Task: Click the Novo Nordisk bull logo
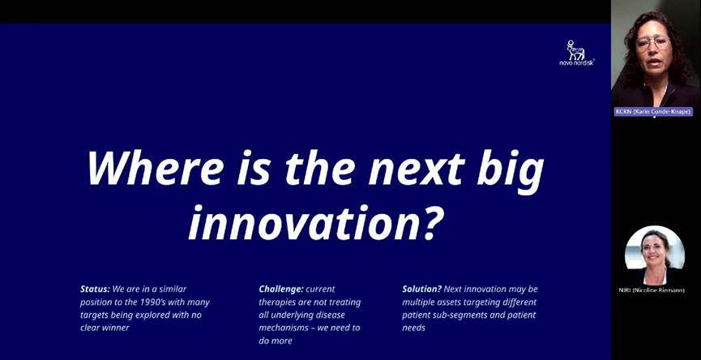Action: pyautogui.click(x=575, y=50)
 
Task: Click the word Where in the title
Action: pyautogui.click(x=155, y=169)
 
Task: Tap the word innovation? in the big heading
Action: pyautogui.click(x=316, y=222)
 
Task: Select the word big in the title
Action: pyautogui.click(x=511, y=172)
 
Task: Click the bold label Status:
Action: pyautogui.click(x=95, y=289)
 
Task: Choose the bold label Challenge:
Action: pyautogui.click(x=281, y=289)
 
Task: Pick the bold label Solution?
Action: pyautogui.click(x=422, y=289)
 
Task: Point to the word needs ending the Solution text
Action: pyautogui.click(x=413, y=328)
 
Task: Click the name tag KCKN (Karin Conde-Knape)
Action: pyautogui.click(x=653, y=112)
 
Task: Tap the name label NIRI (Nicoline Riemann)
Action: pyautogui.click(x=652, y=290)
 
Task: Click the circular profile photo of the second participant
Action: pyautogui.click(x=655, y=255)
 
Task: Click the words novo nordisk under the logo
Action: pyautogui.click(x=577, y=63)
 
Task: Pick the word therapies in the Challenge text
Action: pyautogui.click(x=279, y=302)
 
